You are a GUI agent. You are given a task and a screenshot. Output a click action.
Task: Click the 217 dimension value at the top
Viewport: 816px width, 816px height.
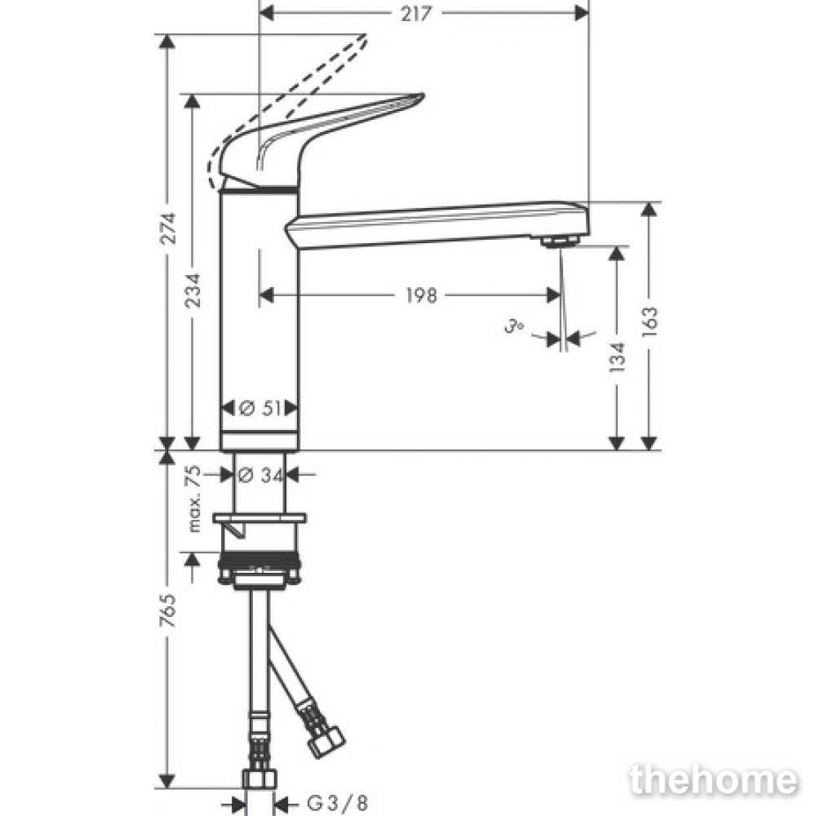(416, 14)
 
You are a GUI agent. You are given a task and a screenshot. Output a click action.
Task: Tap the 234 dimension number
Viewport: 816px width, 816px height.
(193, 290)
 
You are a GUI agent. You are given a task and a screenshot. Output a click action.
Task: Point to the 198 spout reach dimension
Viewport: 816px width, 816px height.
(421, 295)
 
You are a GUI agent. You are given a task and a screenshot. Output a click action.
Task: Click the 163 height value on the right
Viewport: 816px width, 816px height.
(650, 322)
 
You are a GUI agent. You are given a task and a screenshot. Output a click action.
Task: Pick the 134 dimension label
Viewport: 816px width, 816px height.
(617, 357)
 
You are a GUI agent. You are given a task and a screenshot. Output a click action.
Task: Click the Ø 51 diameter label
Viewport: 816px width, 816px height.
(260, 409)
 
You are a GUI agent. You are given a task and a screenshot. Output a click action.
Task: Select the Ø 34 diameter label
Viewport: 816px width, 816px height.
(260, 475)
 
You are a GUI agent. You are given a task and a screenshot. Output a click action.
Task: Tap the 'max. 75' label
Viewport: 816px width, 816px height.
(193, 499)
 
